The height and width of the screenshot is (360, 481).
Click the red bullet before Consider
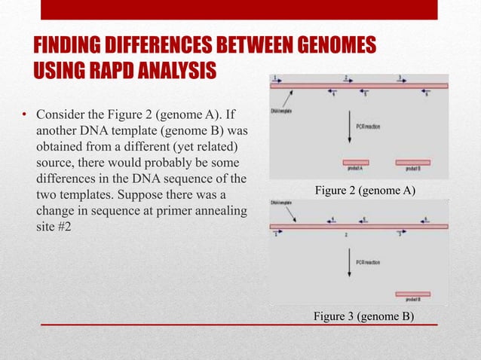(x=24, y=116)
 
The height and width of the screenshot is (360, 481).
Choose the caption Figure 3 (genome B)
(x=364, y=315)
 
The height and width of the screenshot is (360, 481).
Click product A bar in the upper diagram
(x=355, y=162)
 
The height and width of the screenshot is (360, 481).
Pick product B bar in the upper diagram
(x=413, y=162)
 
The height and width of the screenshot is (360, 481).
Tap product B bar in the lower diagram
(x=412, y=294)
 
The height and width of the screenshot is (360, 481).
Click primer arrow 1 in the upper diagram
(x=277, y=81)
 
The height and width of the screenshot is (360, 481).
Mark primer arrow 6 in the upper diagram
(x=425, y=92)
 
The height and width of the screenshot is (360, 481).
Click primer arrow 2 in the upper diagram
(x=347, y=81)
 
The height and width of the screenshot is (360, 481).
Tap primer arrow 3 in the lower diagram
(x=400, y=232)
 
